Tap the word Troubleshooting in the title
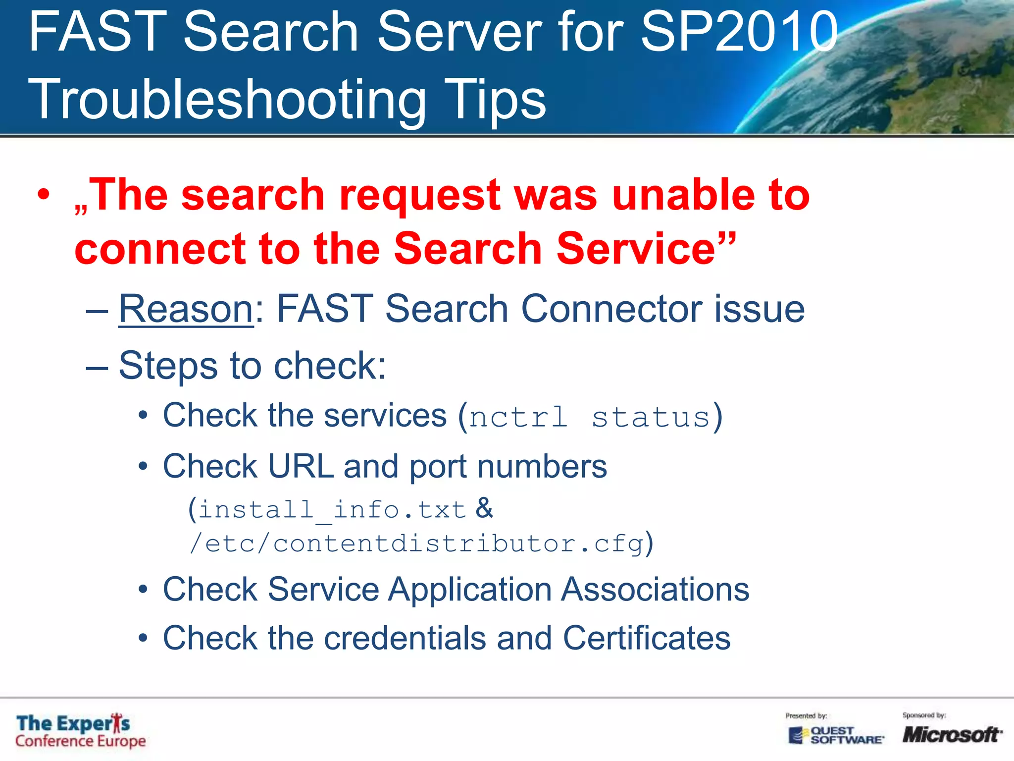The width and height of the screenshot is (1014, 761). [227, 100]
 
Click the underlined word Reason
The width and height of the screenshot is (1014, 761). [186, 309]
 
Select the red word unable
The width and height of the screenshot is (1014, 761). [683, 195]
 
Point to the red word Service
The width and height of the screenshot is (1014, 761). [636, 249]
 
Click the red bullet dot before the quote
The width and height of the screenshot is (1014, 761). [44, 195]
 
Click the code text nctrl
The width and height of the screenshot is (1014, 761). [518, 417]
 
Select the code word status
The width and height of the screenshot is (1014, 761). [651, 417]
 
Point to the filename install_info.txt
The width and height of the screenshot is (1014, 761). [332, 510]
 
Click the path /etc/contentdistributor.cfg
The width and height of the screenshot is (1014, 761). [416, 544]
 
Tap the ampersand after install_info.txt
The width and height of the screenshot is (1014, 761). [484, 508]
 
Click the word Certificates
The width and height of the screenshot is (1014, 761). [646, 638]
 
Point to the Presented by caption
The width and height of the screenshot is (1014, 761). [806, 716]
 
